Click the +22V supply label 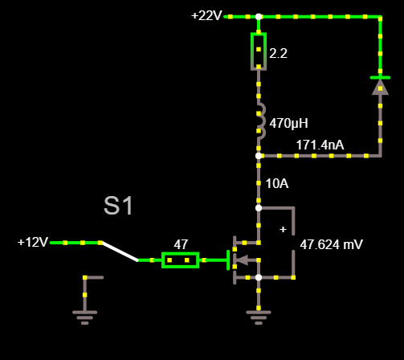pyautogui.click(x=206, y=16)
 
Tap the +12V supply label pyautogui.click(x=33, y=242)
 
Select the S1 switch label pyautogui.click(x=118, y=206)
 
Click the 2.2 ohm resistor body pyautogui.click(x=259, y=51)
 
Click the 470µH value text pyautogui.click(x=288, y=124)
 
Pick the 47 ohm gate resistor pyautogui.click(x=180, y=260)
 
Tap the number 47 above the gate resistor pyautogui.click(x=181, y=244)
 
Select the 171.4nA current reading pyautogui.click(x=320, y=145)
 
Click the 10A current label pyautogui.click(x=277, y=184)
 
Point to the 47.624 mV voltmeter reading pyautogui.click(x=331, y=244)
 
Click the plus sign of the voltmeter pyautogui.click(x=283, y=229)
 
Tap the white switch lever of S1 pyautogui.click(x=119, y=252)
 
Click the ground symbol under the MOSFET pyautogui.click(x=259, y=317)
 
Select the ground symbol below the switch pyautogui.click(x=84, y=317)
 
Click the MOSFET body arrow pyautogui.click(x=243, y=260)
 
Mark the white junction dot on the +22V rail pyautogui.click(x=259, y=17)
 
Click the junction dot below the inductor pyautogui.click(x=259, y=156)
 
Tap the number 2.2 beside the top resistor pyautogui.click(x=278, y=53)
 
